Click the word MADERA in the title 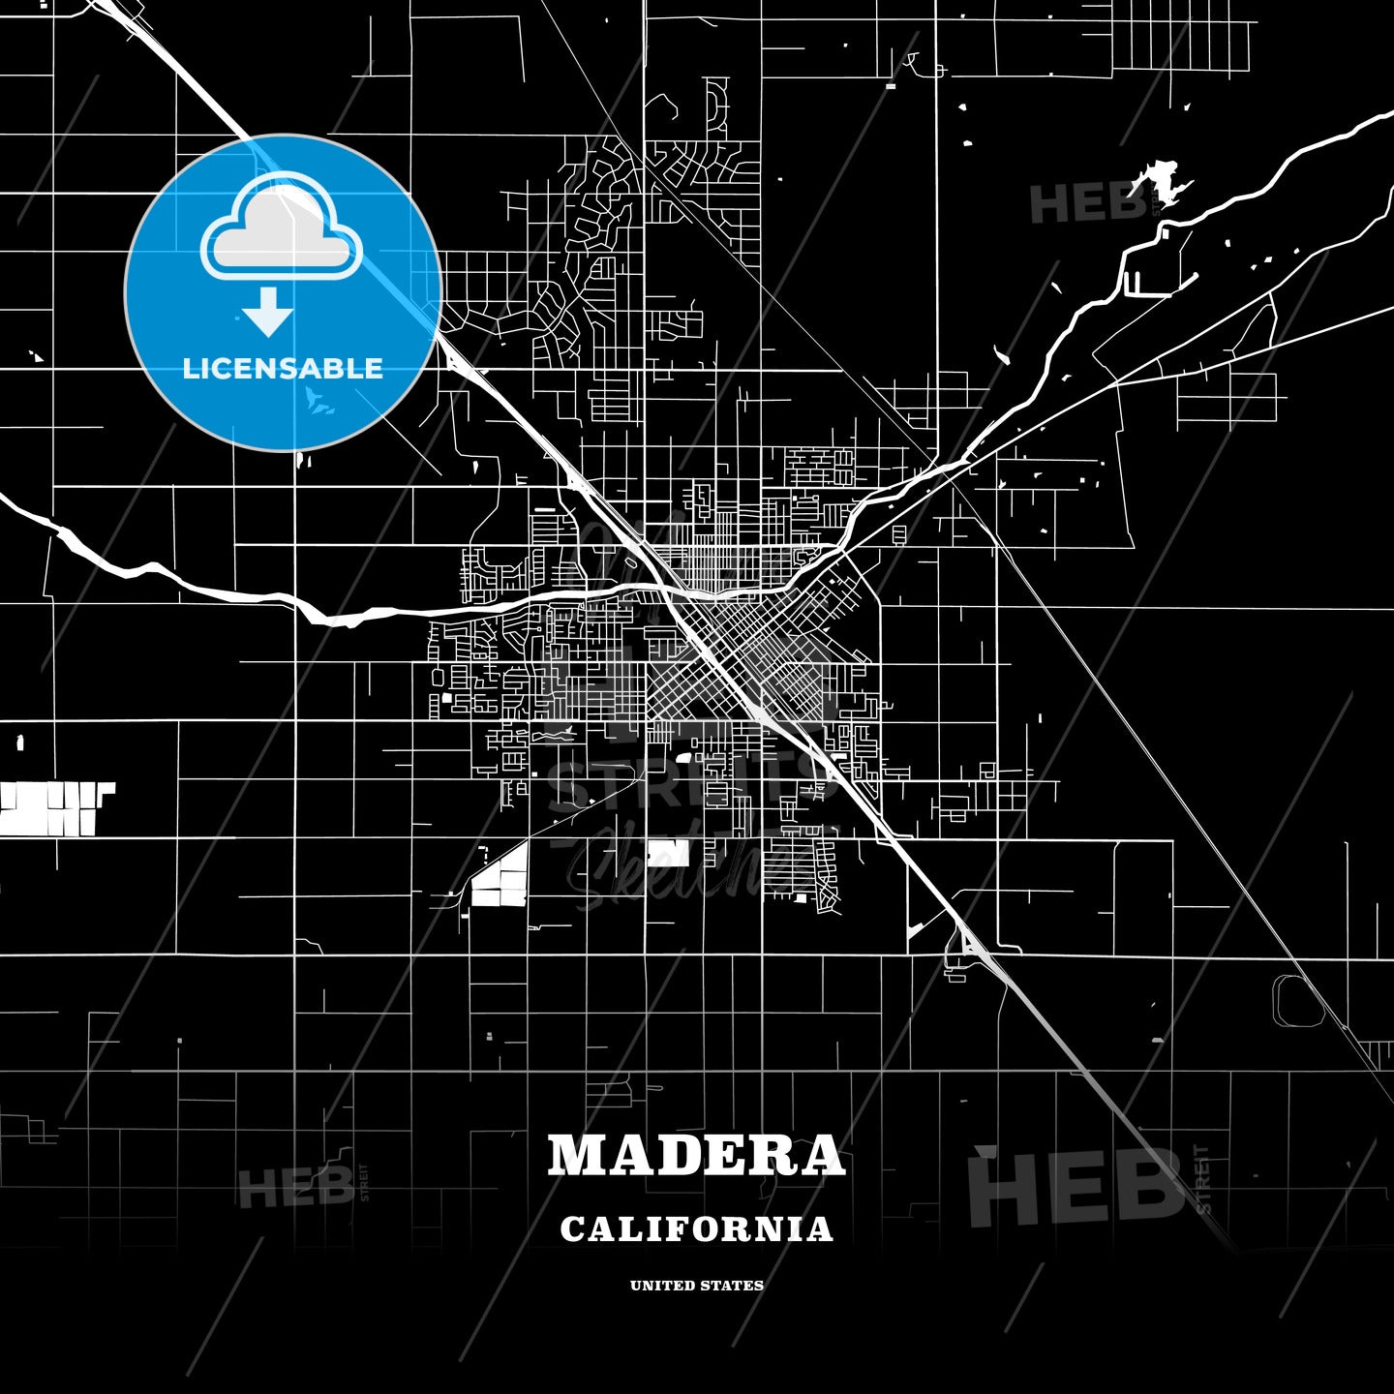coord(696,1155)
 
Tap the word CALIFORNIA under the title coord(696,1229)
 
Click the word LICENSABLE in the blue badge coord(283,369)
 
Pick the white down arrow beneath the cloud coord(268,312)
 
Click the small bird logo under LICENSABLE coord(318,399)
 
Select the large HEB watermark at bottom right coord(1075,1186)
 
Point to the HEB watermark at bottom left coord(295,1187)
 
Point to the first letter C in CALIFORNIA coord(572,1229)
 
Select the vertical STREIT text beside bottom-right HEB coord(1203,1179)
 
